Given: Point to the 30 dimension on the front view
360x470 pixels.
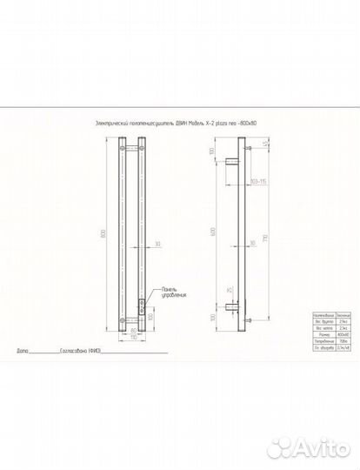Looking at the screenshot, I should tap(157, 244).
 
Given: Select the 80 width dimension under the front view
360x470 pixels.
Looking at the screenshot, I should tap(134, 331).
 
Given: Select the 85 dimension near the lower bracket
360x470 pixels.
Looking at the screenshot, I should tap(229, 290).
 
